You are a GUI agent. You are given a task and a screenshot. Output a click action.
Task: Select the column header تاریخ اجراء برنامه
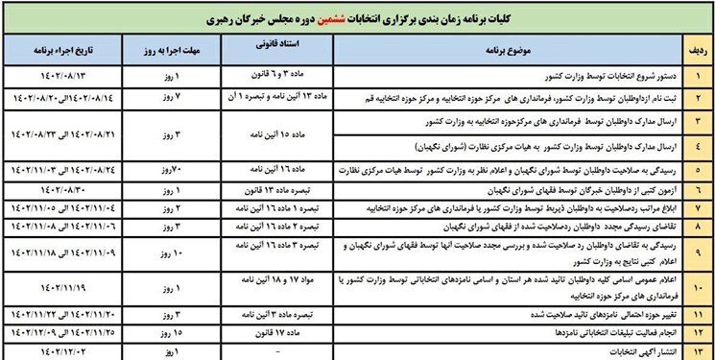(68, 46)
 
